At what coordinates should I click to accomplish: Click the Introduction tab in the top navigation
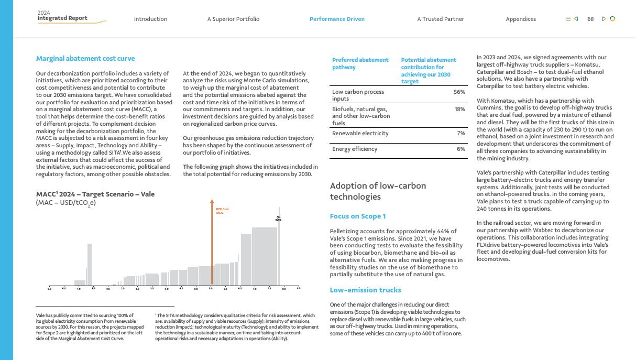pos(150,19)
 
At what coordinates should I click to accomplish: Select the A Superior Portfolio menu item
pos(233,19)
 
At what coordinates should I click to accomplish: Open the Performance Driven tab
pos(337,19)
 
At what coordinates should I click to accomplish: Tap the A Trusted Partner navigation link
pos(441,19)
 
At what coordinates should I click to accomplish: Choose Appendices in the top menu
pos(521,19)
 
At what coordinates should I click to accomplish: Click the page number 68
pos(590,19)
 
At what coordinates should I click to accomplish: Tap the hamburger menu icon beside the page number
pos(568,19)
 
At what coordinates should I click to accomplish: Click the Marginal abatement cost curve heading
pos(85,59)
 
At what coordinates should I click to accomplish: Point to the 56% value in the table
pos(459,92)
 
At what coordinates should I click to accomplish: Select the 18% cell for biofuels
pos(459,109)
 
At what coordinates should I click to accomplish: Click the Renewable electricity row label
pos(360,133)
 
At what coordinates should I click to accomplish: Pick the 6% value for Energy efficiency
pos(460,149)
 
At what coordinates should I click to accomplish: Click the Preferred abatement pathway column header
pos(360,63)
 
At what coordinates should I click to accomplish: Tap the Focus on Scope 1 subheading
pos(358,216)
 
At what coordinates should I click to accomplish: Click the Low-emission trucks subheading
pos(365,290)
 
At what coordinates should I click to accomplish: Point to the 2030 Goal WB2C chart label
pos(222,211)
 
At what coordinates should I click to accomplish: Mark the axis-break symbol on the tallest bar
pos(278,219)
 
